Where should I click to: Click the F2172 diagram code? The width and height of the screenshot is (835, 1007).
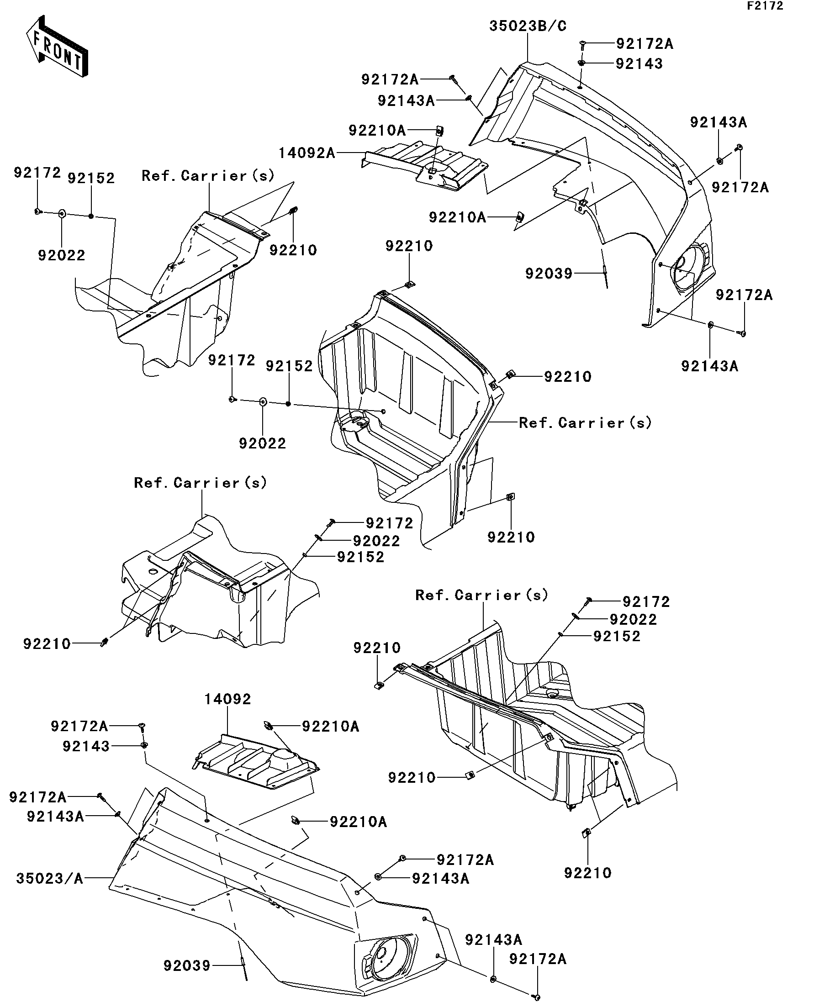(x=765, y=6)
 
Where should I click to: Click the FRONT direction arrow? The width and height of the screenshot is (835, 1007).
(x=57, y=47)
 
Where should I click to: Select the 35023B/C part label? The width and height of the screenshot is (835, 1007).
(x=528, y=26)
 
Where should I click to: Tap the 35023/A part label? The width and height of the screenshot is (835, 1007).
(x=49, y=879)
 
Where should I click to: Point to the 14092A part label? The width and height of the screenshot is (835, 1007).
(x=307, y=153)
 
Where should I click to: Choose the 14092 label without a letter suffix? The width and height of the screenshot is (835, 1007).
(x=227, y=699)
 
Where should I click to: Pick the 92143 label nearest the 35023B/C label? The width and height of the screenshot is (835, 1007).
(x=639, y=64)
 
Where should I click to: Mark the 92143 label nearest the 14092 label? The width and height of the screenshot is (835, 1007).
(x=86, y=746)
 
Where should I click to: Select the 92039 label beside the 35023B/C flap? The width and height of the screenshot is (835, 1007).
(x=549, y=274)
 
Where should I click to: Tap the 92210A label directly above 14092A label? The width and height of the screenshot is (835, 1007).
(x=377, y=131)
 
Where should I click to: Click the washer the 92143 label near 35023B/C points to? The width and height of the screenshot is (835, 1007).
(x=581, y=63)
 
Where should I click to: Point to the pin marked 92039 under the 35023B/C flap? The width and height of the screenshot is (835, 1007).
(x=605, y=276)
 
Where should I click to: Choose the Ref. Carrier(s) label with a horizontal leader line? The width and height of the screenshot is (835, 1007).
(x=585, y=423)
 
